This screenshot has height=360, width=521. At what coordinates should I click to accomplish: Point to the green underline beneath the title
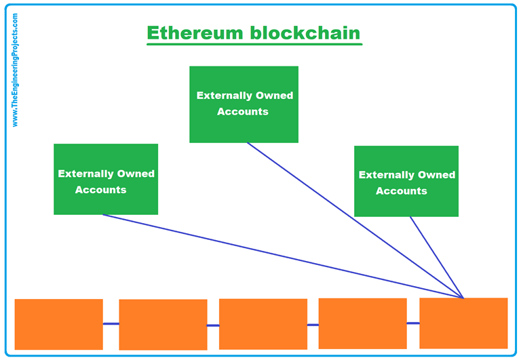(254, 45)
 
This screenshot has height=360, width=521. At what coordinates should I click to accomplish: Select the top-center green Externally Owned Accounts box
(244, 104)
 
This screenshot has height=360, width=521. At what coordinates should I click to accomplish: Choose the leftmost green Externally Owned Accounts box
(106, 179)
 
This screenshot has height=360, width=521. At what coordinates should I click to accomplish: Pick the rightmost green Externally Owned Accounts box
(406, 181)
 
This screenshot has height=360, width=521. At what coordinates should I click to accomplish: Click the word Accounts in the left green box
(100, 190)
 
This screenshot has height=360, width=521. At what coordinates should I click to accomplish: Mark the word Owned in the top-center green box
(273, 96)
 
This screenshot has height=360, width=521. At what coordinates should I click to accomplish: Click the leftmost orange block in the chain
(58, 324)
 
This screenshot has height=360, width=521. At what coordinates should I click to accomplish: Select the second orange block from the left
(163, 325)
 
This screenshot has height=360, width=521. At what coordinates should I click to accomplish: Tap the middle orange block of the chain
(263, 324)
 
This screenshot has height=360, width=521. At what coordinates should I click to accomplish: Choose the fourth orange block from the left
(362, 323)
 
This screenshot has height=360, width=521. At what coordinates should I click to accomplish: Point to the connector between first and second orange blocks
(111, 324)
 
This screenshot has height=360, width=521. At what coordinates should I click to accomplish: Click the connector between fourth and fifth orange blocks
(413, 323)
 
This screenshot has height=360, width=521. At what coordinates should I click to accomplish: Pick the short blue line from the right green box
(436, 256)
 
